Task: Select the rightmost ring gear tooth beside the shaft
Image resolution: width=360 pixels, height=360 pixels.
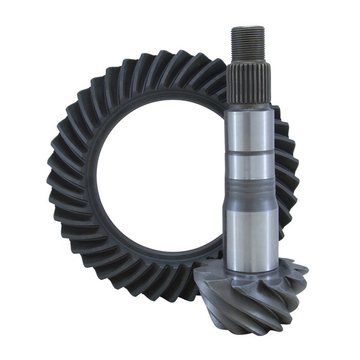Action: (x=291, y=182)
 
